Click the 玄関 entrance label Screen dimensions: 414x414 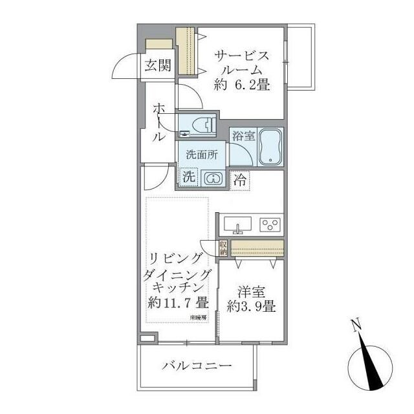click(158, 65)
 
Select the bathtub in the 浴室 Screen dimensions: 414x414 click(270, 147)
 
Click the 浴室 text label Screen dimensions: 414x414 click(244, 136)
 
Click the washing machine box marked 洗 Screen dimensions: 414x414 click(188, 176)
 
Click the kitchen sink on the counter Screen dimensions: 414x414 click(238, 225)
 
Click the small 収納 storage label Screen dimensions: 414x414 click(223, 248)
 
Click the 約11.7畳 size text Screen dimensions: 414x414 click(177, 303)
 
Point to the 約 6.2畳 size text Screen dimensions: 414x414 click(242, 84)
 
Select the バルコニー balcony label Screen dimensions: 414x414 click(197, 366)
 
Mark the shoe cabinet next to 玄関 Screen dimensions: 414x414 click(159, 44)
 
